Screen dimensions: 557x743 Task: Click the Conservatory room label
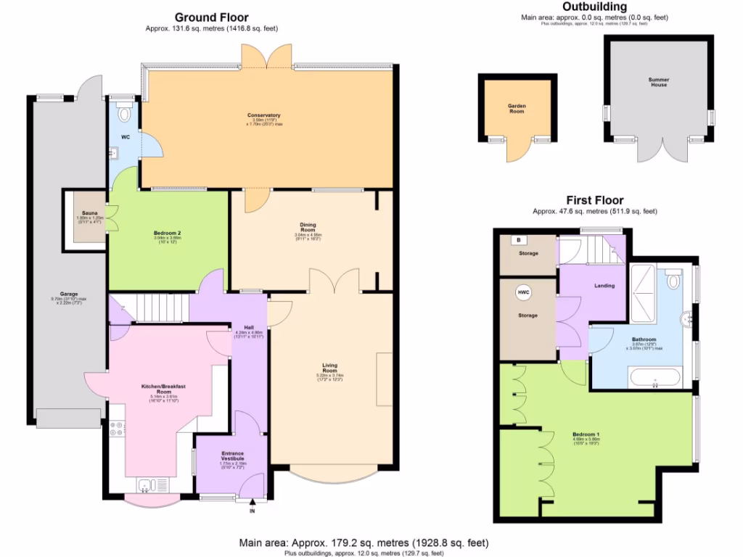263,116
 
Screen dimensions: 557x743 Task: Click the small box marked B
518,240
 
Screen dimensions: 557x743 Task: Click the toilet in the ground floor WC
124,113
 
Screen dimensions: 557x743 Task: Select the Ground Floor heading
211,17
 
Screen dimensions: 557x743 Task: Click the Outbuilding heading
594,7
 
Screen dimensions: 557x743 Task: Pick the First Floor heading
594,200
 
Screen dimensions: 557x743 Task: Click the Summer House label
658,82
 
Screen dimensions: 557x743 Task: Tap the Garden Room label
516,109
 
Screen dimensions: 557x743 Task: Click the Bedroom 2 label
169,233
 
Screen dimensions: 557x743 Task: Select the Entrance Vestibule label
233,456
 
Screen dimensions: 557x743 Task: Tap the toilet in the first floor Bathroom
674,279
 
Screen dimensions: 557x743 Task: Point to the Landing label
604,286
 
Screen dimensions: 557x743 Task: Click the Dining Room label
303,226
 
